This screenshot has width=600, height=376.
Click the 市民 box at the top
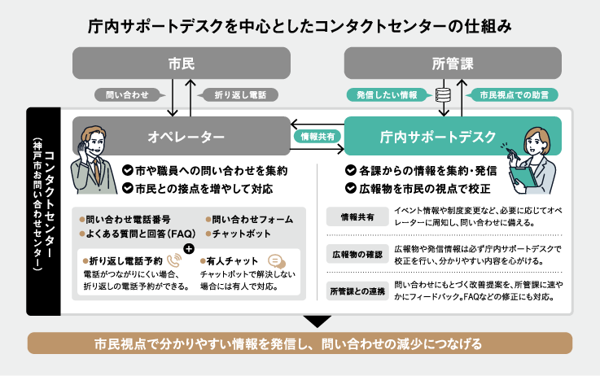click(x=181, y=63)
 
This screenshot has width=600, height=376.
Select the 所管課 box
click(x=452, y=63)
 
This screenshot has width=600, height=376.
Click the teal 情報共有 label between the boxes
click(x=318, y=136)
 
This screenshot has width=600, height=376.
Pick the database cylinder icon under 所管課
click(x=444, y=95)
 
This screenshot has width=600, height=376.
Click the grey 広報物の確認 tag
click(x=356, y=253)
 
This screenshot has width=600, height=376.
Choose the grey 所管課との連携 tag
click(x=356, y=291)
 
